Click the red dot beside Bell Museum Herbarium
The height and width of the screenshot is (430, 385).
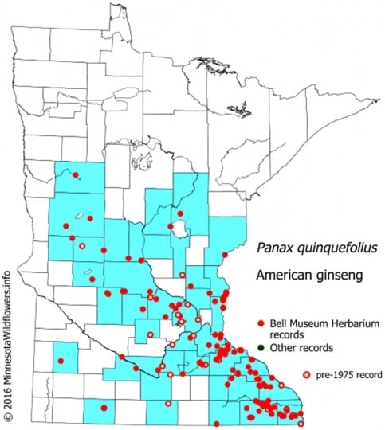(x=261, y=325)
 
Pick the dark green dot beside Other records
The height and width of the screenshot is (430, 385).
(x=261, y=348)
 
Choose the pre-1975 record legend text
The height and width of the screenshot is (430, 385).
(x=348, y=373)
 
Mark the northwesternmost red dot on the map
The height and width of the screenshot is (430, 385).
(x=76, y=175)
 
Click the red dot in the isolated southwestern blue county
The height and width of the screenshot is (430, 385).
(x=61, y=361)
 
